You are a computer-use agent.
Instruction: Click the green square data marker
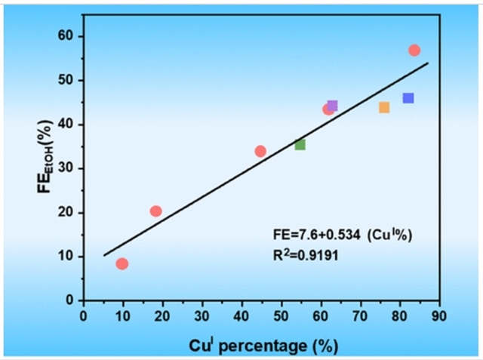click(x=300, y=144)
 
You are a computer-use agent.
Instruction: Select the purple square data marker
click(x=332, y=106)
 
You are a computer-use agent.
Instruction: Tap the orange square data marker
click(x=384, y=107)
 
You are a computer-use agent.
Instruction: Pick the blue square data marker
click(x=408, y=98)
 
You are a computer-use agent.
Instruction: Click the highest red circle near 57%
click(x=414, y=51)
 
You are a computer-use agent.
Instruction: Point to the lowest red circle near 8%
click(x=122, y=263)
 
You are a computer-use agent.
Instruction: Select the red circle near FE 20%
click(x=155, y=211)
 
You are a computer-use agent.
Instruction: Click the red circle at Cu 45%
click(x=260, y=151)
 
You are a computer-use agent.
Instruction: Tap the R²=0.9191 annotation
click(x=305, y=255)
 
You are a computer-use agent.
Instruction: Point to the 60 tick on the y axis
click(x=66, y=36)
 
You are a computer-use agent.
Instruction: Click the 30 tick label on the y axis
click(x=66, y=168)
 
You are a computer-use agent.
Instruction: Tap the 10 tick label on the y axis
click(x=66, y=257)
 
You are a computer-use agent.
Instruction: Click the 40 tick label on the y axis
click(x=66, y=125)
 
